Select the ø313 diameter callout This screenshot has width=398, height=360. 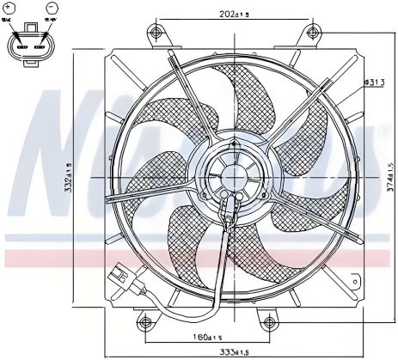tap(373, 82)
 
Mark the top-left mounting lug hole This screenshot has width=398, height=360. tap(156, 34)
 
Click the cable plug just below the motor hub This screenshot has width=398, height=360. tap(228, 210)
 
